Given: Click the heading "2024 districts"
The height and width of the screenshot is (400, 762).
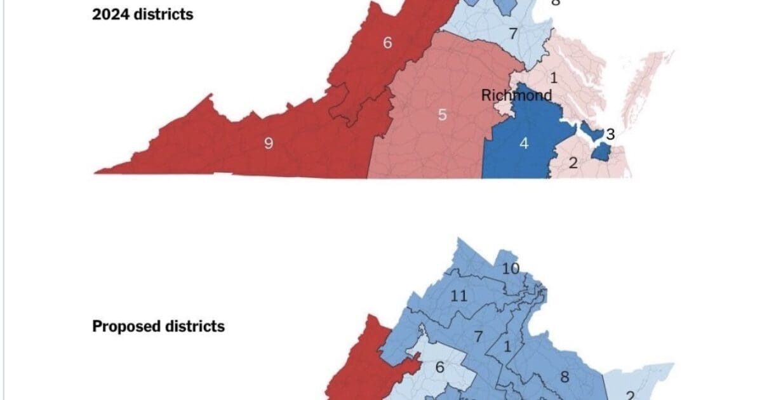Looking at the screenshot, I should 142,14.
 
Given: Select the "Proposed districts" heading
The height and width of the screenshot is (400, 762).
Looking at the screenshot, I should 158,326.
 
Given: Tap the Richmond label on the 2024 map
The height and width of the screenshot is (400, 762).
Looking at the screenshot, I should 516,95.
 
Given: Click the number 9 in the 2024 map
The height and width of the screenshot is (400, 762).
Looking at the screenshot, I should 269,143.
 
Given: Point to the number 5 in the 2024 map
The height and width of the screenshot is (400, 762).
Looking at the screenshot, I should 443,115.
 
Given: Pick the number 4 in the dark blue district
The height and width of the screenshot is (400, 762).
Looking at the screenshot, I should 524,143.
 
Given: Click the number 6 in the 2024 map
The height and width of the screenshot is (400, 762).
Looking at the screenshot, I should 388,43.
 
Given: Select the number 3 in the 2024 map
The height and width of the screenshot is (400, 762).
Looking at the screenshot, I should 610,134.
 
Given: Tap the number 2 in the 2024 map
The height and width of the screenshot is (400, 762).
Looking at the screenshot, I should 573,163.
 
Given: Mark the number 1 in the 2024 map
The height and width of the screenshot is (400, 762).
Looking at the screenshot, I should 553,78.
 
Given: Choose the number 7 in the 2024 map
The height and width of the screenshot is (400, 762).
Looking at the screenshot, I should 512,34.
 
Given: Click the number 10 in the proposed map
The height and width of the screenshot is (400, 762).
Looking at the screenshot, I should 511,268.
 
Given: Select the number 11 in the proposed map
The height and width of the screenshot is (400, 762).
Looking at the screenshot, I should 458,295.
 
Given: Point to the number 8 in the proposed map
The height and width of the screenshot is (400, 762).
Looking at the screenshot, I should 564,377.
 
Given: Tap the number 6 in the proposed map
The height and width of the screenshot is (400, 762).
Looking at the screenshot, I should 439,368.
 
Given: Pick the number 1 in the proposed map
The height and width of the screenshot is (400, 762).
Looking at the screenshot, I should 507,347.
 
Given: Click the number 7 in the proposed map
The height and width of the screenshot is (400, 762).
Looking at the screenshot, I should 479,337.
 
